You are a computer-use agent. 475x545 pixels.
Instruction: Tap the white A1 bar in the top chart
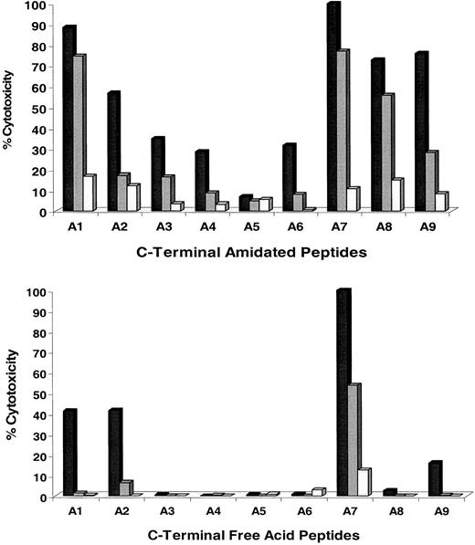tap(89, 193)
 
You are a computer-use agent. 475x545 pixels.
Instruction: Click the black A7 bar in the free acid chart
tap(343, 393)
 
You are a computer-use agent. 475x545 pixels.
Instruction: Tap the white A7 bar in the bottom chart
tap(364, 482)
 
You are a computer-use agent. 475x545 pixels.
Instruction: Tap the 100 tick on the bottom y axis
tap(37, 293)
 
